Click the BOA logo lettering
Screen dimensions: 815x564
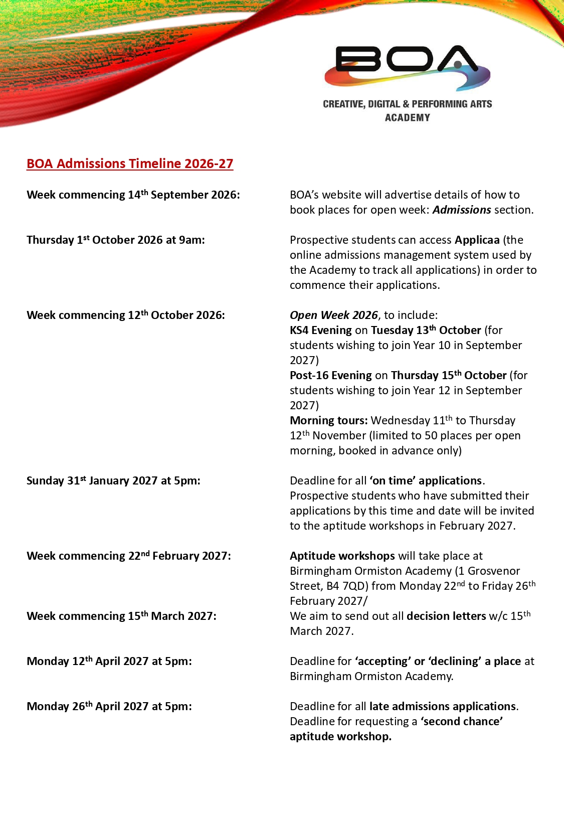pyautogui.click(x=406, y=60)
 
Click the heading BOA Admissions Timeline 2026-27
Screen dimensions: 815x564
pyautogui.click(x=130, y=164)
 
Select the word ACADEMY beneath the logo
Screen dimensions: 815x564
pyautogui.click(x=407, y=117)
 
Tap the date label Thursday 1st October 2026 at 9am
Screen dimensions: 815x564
pyautogui.click(x=116, y=240)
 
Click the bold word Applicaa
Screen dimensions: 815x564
pyautogui.click(x=477, y=240)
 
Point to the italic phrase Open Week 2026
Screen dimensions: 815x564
pyautogui.click(x=333, y=315)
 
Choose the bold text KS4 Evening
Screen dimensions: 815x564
pyautogui.click(x=320, y=330)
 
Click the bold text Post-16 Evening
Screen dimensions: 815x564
pyautogui.click(x=330, y=375)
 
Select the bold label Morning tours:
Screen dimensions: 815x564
pyautogui.click(x=328, y=420)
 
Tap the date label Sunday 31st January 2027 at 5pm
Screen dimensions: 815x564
pyautogui.click(x=113, y=480)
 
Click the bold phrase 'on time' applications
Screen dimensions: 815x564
pyautogui.click(x=426, y=480)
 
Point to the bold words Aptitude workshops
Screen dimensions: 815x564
pyautogui.click(x=342, y=556)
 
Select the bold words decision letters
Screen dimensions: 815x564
pyautogui.click(x=446, y=616)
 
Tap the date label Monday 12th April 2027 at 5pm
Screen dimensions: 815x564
pyautogui.click(x=109, y=661)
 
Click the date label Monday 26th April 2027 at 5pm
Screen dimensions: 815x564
pyautogui.click(x=109, y=706)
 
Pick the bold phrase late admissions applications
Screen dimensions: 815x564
pyautogui.click(x=443, y=706)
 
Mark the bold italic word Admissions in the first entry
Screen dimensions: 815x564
pyautogui.click(x=462, y=210)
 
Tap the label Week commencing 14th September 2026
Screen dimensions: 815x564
pyautogui.click(x=133, y=195)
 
